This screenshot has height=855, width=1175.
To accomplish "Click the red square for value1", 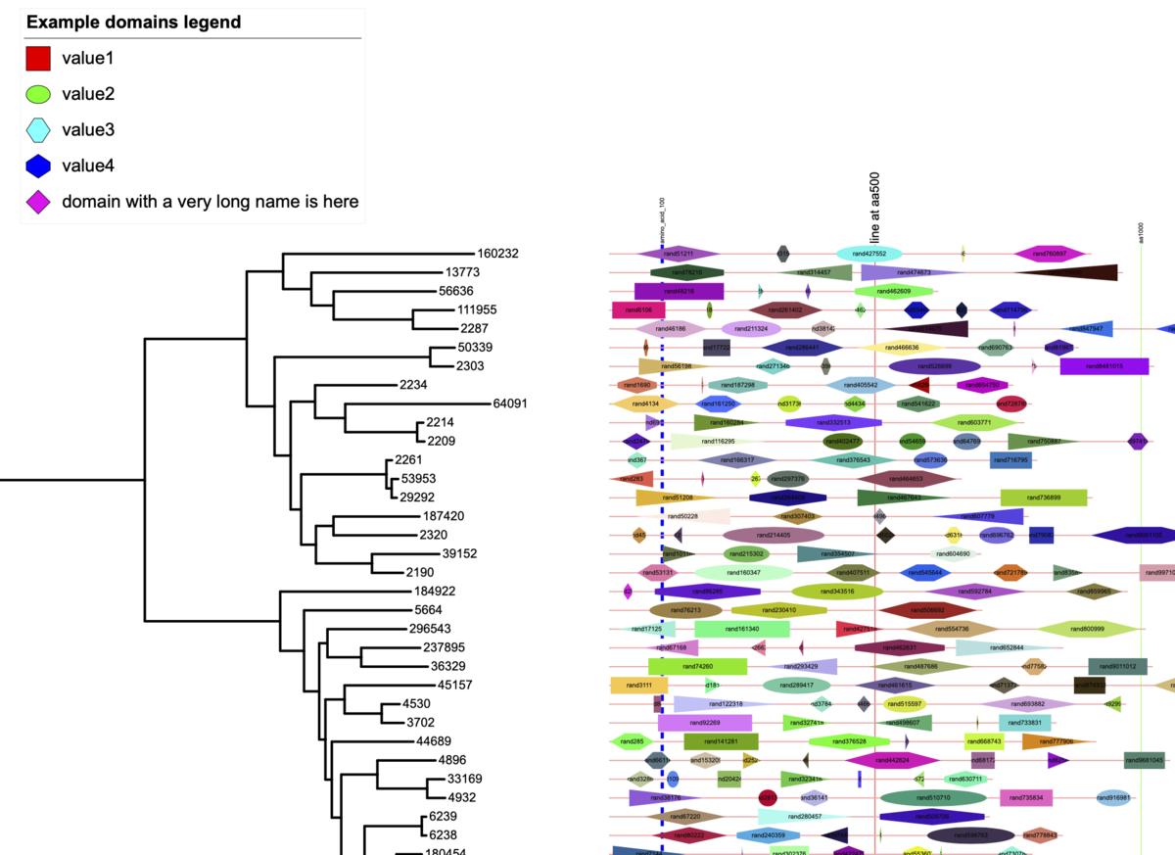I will pyautogui.click(x=37, y=59).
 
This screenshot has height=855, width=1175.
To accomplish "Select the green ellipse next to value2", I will pyautogui.click(x=37, y=94).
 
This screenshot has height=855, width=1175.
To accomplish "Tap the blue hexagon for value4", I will pyautogui.click(x=37, y=166).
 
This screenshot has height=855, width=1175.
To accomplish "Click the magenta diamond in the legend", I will pyautogui.click(x=37, y=202).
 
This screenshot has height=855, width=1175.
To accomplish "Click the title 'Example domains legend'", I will pyautogui.click(x=134, y=22).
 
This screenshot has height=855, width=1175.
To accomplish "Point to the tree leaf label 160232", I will pyautogui.click(x=497, y=253).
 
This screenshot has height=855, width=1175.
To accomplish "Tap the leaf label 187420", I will pyautogui.click(x=444, y=516).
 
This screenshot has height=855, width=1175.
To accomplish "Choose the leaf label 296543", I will pyautogui.click(x=430, y=629).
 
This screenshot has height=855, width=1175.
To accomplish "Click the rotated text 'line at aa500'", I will pyautogui.click(x=874, y=210).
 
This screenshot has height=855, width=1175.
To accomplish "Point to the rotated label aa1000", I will pyautogui.click(x=1141, y=232).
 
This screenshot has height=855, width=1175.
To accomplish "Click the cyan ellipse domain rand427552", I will pyautogui.click(x=869, y=253).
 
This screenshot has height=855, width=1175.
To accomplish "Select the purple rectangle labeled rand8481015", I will pyautogui.click(x=1104, y=366).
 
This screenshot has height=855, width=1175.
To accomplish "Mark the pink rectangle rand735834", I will pyautogui.click(x=1025, y=798).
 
